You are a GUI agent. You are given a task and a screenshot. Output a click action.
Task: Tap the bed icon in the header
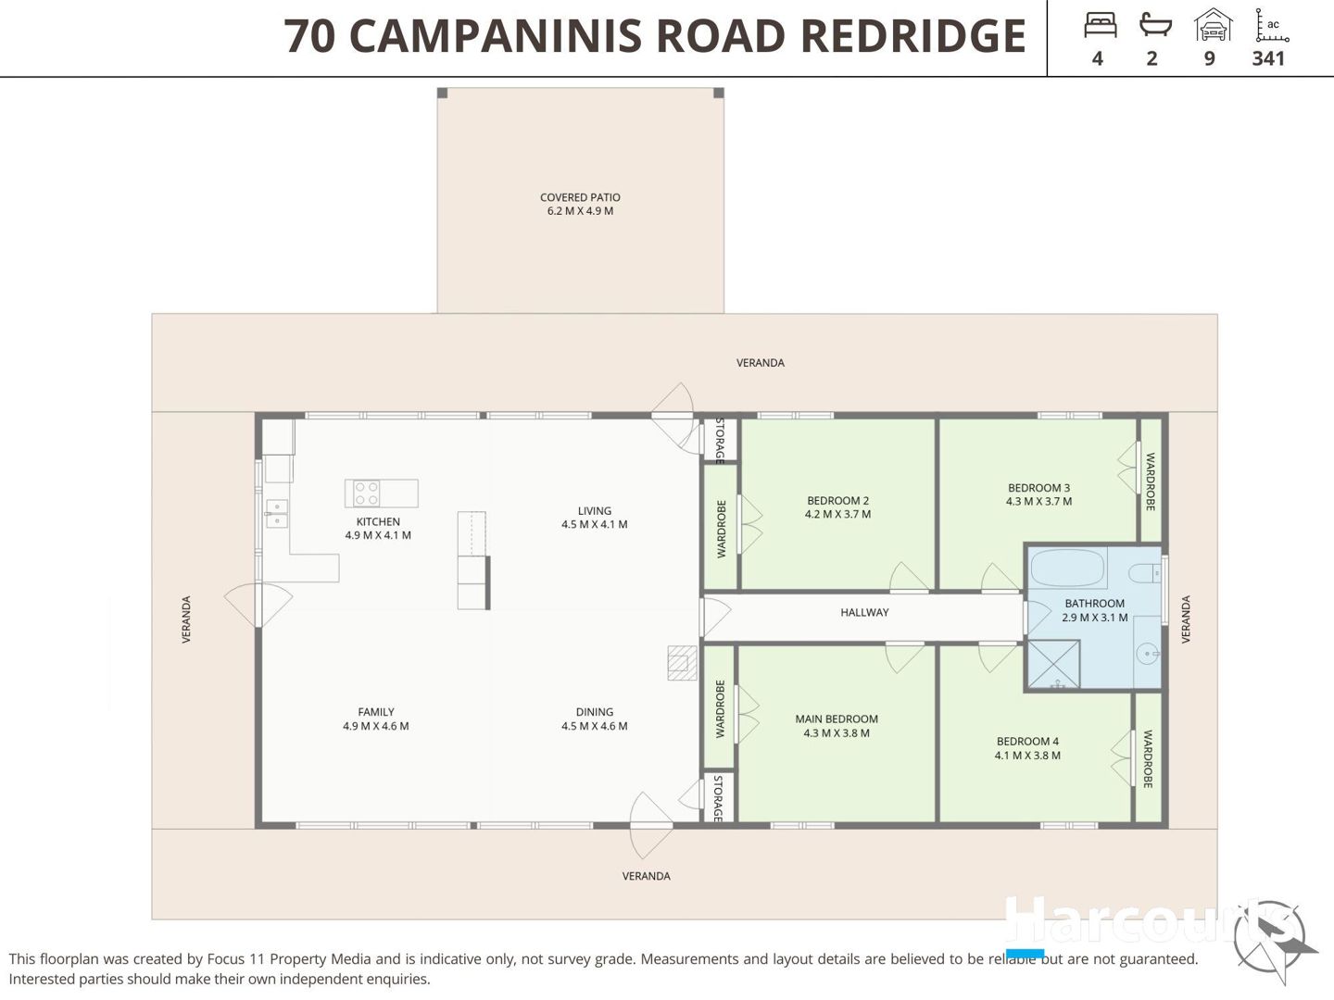click(1100, 25)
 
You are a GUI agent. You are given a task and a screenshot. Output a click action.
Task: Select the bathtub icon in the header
click(1154, 25)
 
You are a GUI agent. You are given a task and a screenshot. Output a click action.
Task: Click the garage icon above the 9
click(1213, 25)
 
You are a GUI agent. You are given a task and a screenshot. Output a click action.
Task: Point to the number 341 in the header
click(1268, 58)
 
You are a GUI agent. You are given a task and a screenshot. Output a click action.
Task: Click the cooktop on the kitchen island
click(367, 493)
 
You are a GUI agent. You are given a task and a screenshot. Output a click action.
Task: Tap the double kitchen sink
click(276, 513)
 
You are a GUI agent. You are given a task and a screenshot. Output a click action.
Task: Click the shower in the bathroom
click(1053, 664)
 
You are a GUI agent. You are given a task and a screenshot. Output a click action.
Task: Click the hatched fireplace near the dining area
click(682, 662)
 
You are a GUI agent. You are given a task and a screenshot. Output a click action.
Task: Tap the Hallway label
click(864, 613)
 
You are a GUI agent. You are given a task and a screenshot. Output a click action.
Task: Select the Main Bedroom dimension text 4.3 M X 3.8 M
click(837, 732)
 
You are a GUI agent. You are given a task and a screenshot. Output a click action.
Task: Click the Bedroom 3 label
click(1038, 488)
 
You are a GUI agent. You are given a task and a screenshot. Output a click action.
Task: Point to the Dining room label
click(595, 712)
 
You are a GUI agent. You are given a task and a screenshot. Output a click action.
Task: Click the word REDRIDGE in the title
click(913, 35)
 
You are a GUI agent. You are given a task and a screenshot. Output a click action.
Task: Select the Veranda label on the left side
click(186, 619)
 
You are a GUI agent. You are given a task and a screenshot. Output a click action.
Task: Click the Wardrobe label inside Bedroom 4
click(1148, 759)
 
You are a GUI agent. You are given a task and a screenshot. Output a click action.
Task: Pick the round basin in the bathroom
click(1147, 654)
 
